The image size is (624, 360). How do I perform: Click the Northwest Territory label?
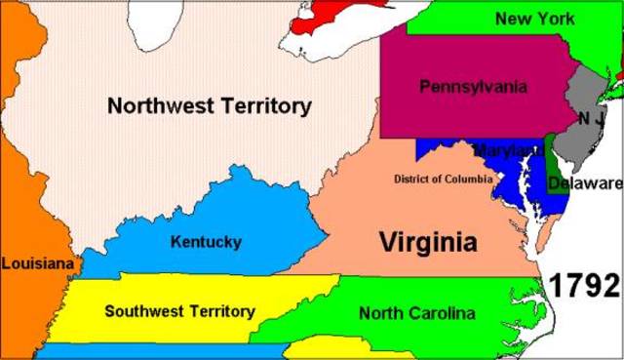tap(209, 104)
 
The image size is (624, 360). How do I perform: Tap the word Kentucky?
tap(205, 241)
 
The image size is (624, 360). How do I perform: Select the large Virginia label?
tap(428, 240)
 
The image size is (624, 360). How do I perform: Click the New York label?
tap(534, 19)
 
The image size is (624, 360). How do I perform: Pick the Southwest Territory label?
tap(179, 311)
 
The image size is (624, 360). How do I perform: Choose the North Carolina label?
tap(416, 313)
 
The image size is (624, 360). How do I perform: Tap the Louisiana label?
tap(37, 262)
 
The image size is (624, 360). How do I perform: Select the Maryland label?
tap(508, 151)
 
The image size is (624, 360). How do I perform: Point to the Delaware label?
tap(584, 182)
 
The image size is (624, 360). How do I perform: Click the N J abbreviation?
tap(591, 118)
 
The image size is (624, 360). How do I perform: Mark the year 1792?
tap(583, 286)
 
